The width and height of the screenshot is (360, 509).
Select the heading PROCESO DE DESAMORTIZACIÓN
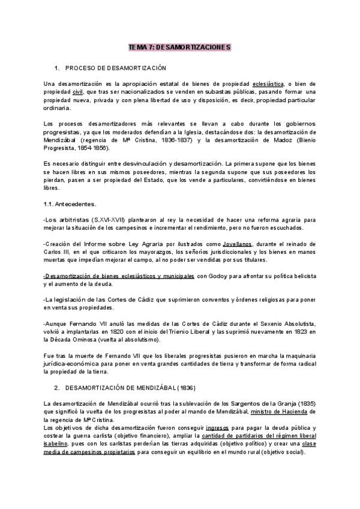click(115, 68)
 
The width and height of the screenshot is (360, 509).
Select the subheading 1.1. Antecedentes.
click(71, 205)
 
